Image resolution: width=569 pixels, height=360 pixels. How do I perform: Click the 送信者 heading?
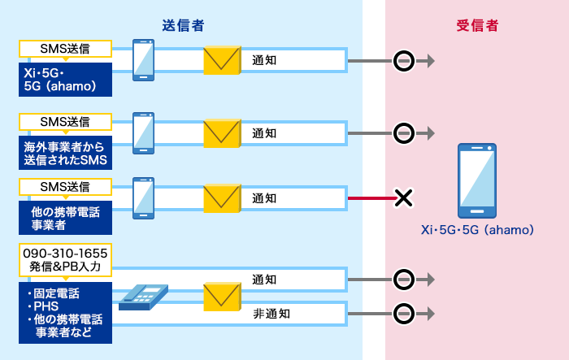pos(183,26)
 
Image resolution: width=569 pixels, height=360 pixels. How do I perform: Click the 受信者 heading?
pos(477,26)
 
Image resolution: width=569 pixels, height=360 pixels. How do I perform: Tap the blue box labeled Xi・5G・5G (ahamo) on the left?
pos(65,80)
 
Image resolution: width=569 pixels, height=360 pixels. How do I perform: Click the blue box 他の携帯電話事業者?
pos(65,217)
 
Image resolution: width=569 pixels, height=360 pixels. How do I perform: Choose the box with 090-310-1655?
pos(65,258)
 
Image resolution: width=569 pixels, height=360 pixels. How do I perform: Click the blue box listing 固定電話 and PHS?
pos(65,312)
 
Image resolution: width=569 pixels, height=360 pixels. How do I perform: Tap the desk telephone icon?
pos(143,297)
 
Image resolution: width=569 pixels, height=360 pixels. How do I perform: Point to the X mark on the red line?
pos(403,197)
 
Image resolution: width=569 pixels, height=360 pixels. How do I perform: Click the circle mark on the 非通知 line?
pos(403,313)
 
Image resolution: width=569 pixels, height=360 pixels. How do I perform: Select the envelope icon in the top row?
pos(222,61)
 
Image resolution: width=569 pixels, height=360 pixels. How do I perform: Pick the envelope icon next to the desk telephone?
pos(222,297)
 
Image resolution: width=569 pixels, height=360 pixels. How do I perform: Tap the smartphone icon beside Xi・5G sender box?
pos(144,59)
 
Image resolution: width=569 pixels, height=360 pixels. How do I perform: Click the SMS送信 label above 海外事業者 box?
pos(65,122)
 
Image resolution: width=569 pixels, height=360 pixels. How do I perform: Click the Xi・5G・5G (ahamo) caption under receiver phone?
pos(477,230)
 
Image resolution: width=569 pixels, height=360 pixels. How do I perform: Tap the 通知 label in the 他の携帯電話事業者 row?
pos(265,197)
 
